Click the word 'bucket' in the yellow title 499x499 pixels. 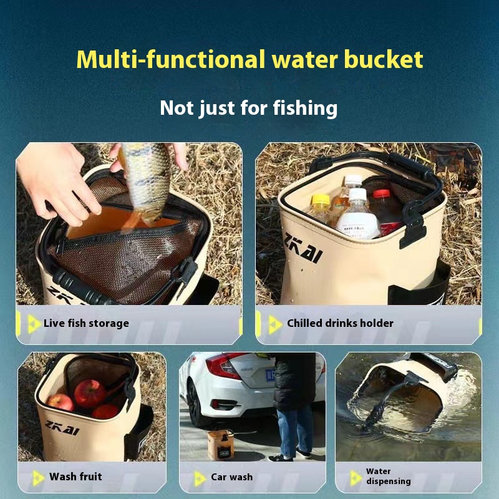384,59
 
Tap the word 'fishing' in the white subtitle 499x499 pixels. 305,108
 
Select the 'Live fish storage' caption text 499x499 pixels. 86,323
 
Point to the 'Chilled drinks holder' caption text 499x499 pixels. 340,323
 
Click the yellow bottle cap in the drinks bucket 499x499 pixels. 320,200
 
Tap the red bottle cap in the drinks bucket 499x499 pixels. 381,193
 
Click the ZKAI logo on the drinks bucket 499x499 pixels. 303,248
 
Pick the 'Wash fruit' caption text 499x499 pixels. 75,477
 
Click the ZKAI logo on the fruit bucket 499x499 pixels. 62,427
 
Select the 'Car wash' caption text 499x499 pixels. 231,477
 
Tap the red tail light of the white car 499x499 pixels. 225,366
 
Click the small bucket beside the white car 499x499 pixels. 221,445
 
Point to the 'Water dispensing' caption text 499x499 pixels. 388,476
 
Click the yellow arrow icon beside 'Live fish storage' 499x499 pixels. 34,324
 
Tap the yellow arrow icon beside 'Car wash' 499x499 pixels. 200,478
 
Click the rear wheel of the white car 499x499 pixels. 195,404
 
